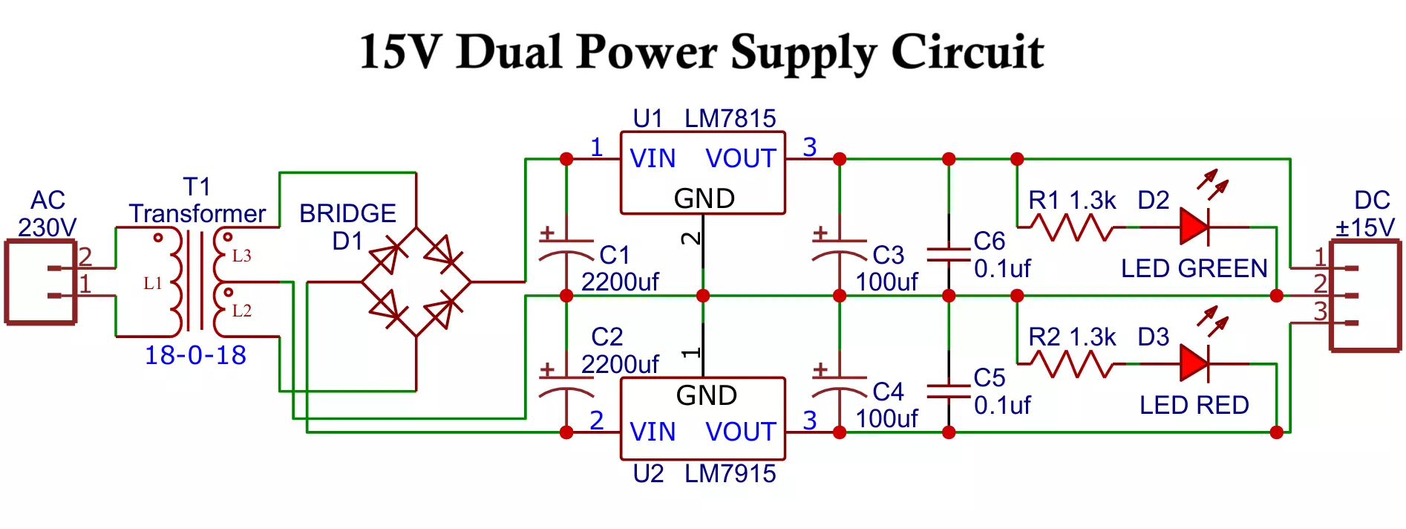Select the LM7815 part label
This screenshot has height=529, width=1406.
pos(730,118)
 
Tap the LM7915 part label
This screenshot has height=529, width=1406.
pos(730,473)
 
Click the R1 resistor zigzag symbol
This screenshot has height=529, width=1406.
pos(1071,227)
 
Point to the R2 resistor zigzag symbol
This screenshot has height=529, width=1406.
pos(1071,364)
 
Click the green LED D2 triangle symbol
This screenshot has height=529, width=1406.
pos(1194,227)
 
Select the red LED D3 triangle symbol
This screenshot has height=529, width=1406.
pos(1194,363)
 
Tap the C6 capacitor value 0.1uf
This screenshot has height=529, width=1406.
pos(1002,268)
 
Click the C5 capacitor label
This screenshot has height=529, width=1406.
pos(989,377)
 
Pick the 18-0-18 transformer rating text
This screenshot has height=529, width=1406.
pos(195,355)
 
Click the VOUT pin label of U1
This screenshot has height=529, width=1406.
pos(740,158)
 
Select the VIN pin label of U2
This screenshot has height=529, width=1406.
pos(653,432)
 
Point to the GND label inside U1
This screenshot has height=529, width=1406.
pos(704,198)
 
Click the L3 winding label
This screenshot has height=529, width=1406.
pos(242,256)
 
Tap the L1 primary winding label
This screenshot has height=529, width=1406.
pos(153,283)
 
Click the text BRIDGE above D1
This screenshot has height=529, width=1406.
pos(347,213)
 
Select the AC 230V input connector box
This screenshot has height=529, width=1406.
pos(41,282)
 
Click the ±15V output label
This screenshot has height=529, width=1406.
pos(1365,227)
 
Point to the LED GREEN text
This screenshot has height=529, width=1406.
pos(1194,268)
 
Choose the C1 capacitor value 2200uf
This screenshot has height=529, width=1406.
pos(620,282)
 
